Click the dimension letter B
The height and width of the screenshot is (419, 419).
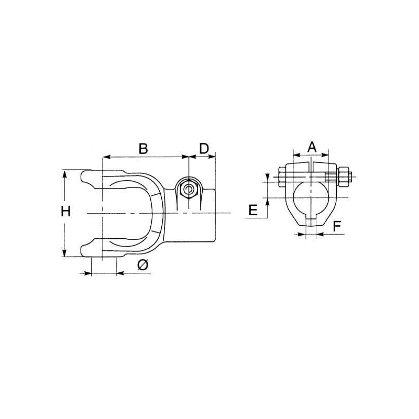143,149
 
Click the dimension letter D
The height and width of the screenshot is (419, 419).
204,148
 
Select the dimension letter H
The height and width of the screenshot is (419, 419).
65,212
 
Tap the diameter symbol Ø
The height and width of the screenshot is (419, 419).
142,265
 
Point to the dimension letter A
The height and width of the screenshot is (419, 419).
312,147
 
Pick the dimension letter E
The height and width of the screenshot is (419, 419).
253,210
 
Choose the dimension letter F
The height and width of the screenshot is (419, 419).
337,227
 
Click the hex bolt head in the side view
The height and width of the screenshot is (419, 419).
189,190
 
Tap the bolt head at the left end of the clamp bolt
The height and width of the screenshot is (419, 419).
282,177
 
